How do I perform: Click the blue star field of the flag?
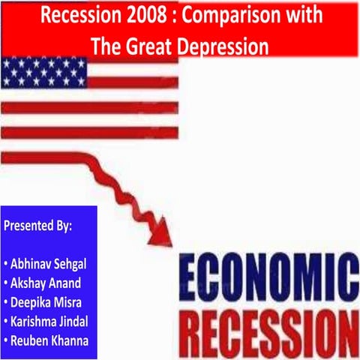click(x=43, y=72)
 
